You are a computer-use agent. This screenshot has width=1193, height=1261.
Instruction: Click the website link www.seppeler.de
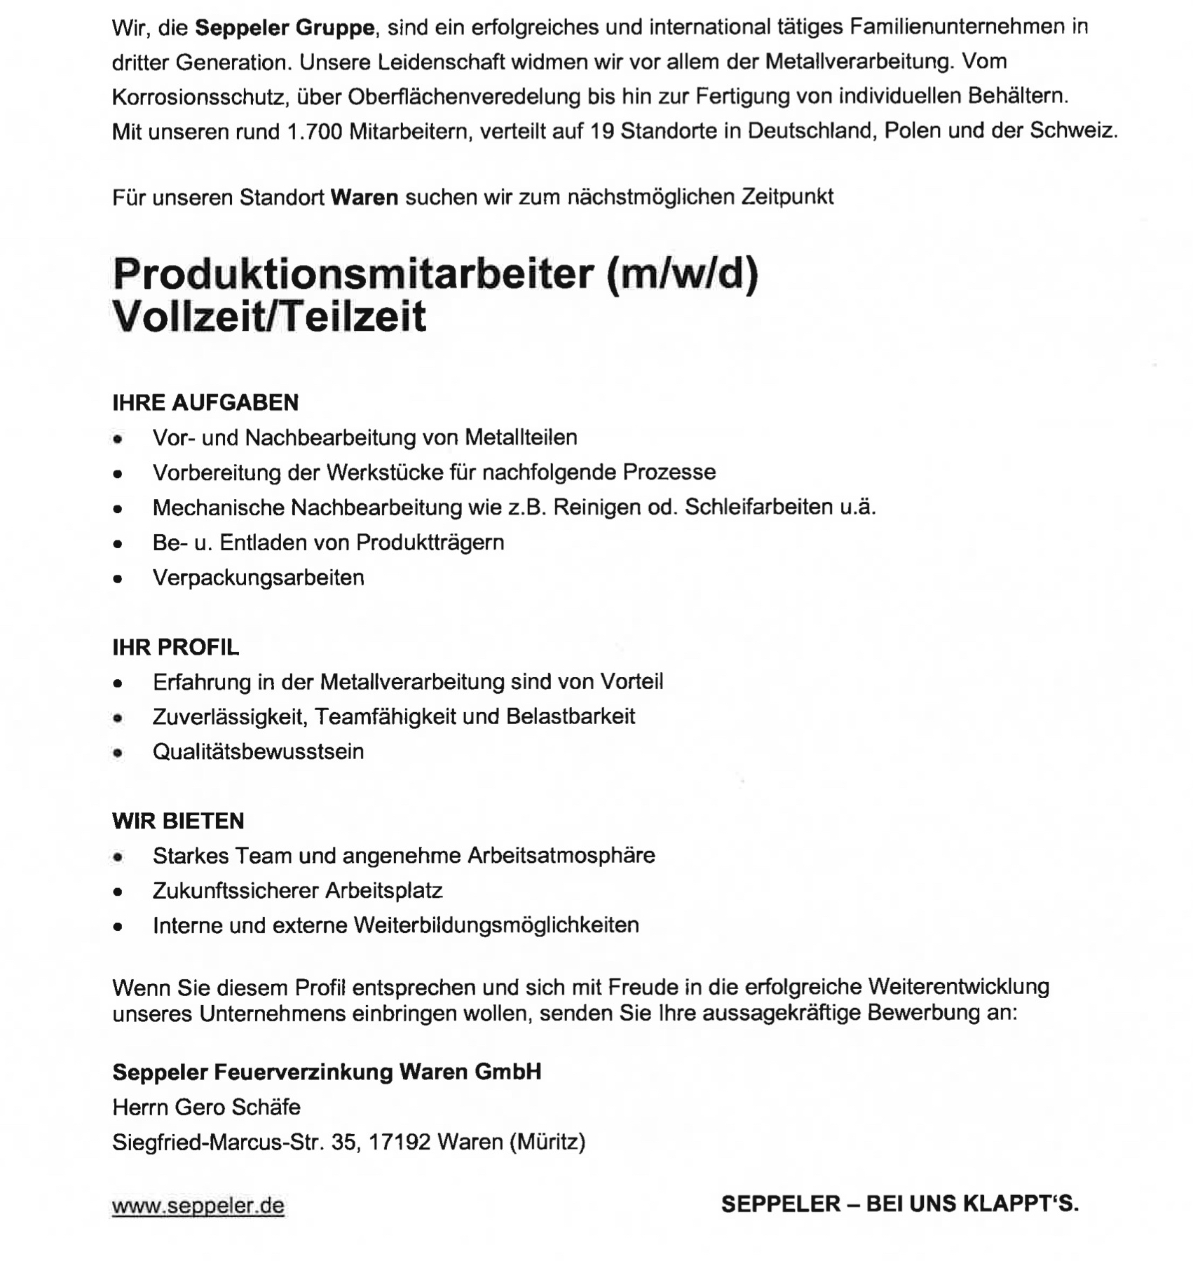tap(198, 1206)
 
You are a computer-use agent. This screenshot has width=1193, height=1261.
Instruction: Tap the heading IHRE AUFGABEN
tap(205, 402)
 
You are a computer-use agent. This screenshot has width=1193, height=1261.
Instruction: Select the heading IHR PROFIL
tap(175, 647)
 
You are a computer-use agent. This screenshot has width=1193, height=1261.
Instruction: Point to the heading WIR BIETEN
tap(178, 821)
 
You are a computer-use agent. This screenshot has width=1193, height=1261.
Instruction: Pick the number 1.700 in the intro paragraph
tap(315, 131)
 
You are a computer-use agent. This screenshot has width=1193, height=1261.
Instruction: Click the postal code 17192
tap(399, 1142)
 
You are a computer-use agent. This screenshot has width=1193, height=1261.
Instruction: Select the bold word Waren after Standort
tap(364, 197)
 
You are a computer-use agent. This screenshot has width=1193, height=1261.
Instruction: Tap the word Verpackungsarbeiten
tap(258, 578)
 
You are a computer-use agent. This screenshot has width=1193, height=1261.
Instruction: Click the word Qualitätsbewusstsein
tap(258, 751)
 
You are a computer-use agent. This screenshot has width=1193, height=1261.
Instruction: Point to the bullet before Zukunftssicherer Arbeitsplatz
tap(118, 892)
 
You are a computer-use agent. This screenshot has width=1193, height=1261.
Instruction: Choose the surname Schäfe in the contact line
tap(267, 1107)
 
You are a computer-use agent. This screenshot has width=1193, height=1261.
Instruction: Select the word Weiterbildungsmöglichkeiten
tap(496, 925)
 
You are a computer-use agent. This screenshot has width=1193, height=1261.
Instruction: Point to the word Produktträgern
tap(430, 543)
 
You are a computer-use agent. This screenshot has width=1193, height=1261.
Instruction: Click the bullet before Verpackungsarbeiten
tap(118, 579)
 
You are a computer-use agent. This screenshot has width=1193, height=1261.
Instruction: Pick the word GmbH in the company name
tap(507, 1072)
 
